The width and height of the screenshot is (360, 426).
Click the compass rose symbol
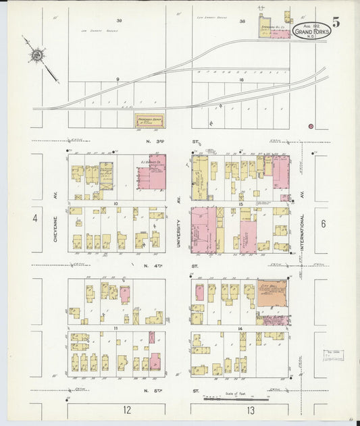pos(38,55)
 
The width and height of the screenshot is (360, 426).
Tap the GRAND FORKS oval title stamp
pos(312,30)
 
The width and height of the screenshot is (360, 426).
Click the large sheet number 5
pos(336,21)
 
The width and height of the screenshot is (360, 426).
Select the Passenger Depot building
pos(149,119)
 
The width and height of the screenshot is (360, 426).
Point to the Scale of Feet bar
pos(236,398)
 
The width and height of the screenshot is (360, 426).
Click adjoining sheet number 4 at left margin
pos(34,218)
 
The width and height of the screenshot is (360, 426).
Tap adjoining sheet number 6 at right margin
pos(324,223)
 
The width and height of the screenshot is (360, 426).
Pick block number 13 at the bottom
pos(251,410)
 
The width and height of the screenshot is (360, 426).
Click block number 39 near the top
pos(119,21)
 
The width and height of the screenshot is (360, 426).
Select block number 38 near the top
pos(241,21)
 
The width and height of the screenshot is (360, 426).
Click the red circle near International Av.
pos(310,126)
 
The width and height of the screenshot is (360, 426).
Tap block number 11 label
pos(116,327)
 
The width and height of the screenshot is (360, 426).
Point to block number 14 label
pos(240,327)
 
